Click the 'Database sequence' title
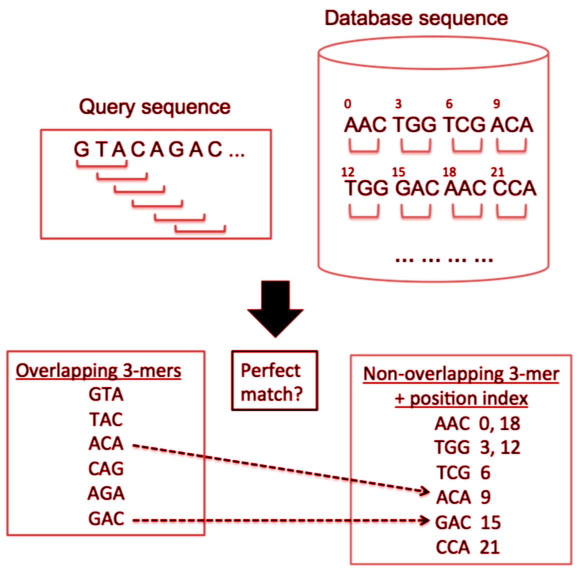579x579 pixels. click(x=416, y=18)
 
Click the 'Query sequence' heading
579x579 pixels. click(x=154, y=107)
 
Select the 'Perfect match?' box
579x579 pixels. click(x=274, y=381)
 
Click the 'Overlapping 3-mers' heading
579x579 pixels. click(x=98, y=370)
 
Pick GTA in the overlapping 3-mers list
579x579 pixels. click(x=106, y=394)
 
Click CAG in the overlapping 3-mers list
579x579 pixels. click(x=106, y=468)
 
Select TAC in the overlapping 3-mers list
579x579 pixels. click(x=106, y=419)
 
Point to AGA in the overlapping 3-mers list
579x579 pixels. click(x=106, y=493)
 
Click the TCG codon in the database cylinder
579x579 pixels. click(x=464, y=125)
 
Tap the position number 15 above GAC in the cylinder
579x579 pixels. click(x=398, y=172)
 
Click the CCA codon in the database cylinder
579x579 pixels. click(x=514, y=188)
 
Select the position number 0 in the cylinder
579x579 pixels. click(x=347, y=104)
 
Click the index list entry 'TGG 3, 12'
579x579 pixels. click(x=477, y=447)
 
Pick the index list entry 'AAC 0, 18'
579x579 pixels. click(x=477, y=423)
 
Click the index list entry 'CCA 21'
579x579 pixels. click(x=467, y=547)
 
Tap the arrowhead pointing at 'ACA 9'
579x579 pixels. click(x=425, y=491)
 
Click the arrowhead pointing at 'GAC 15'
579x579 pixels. click(x=425, y=520)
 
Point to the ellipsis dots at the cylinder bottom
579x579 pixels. click(x=444, y=259)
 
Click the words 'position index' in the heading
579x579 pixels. click(x=468, y=398)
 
